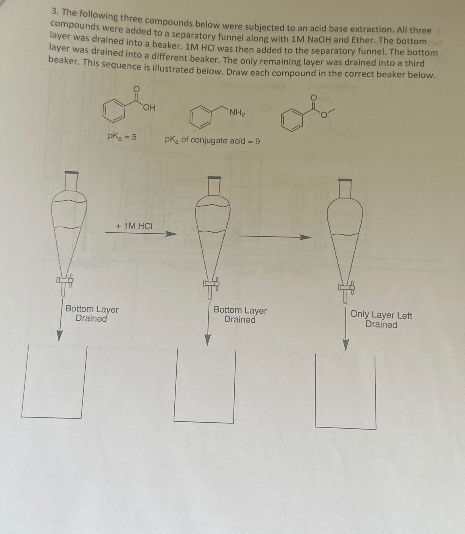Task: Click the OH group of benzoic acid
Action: tap(149, 108)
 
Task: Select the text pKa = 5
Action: tap(122, 136)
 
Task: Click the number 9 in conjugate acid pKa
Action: tap(257, 141)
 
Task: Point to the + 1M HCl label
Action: tap(134, 226)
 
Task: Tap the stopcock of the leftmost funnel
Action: tap(65, 280)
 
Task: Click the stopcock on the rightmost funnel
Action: tap(346, 287)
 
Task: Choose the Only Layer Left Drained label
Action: tap(381, 320)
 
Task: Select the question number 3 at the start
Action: tap(53, 12)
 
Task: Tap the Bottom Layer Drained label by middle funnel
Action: tap(240, 315)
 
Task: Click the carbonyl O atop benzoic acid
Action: tap(137, 89)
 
